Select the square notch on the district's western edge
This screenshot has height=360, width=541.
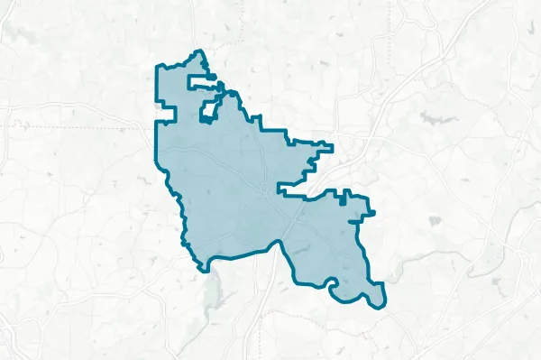[x=167, y=110]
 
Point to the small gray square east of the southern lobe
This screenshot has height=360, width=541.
[x=436, y=221]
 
